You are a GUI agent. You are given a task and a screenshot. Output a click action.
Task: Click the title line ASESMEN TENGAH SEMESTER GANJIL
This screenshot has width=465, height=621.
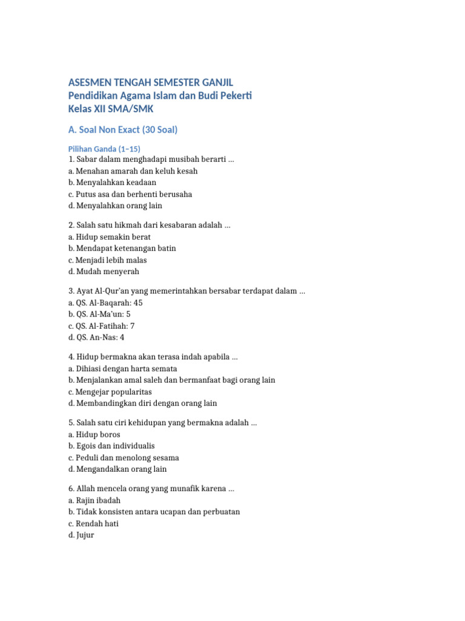click(150, 82)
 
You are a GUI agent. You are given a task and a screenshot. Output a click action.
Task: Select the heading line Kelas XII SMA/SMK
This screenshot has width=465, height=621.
click(111, 109)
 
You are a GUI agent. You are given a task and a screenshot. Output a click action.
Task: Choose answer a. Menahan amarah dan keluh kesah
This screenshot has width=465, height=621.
click(133, 171)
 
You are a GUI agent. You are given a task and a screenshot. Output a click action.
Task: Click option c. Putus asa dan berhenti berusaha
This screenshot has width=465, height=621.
click(130, 194)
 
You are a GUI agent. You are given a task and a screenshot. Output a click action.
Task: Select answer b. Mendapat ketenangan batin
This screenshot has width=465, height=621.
click(122, 249)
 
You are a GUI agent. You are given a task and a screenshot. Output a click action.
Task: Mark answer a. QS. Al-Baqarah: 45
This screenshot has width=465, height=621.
click(105, 303)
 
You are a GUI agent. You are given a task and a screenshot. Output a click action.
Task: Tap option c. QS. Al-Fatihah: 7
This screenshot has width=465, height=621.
click(101, 326)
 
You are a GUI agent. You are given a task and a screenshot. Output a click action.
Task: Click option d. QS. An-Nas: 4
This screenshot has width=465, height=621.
click(96, 337)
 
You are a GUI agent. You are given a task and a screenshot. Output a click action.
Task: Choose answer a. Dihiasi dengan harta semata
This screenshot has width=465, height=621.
click(122, 369)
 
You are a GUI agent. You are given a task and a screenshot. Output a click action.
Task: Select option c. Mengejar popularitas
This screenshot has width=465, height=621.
click(110, 392)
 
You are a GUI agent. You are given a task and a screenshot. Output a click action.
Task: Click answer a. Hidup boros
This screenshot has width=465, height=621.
click(94, 434)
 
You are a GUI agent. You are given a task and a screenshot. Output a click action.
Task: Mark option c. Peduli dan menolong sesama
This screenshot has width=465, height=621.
click(124, 458)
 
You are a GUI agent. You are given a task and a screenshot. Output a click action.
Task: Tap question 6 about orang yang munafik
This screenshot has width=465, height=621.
click(151, 488)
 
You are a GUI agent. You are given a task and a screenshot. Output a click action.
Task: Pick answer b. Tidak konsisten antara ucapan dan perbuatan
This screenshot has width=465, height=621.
click(154, 512)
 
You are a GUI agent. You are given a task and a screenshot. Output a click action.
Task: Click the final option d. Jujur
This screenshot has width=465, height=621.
click(81, 535)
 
